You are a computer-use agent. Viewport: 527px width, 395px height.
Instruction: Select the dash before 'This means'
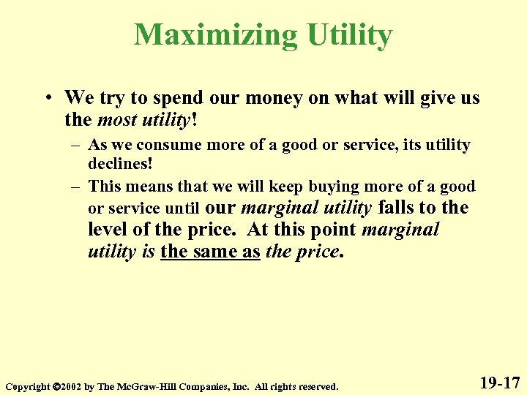[75, 187]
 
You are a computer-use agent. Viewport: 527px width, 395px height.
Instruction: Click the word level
[107, 230]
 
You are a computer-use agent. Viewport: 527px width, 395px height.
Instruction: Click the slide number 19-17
[500, 382]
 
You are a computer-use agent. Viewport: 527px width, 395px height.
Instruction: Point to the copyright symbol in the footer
[56, 385]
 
